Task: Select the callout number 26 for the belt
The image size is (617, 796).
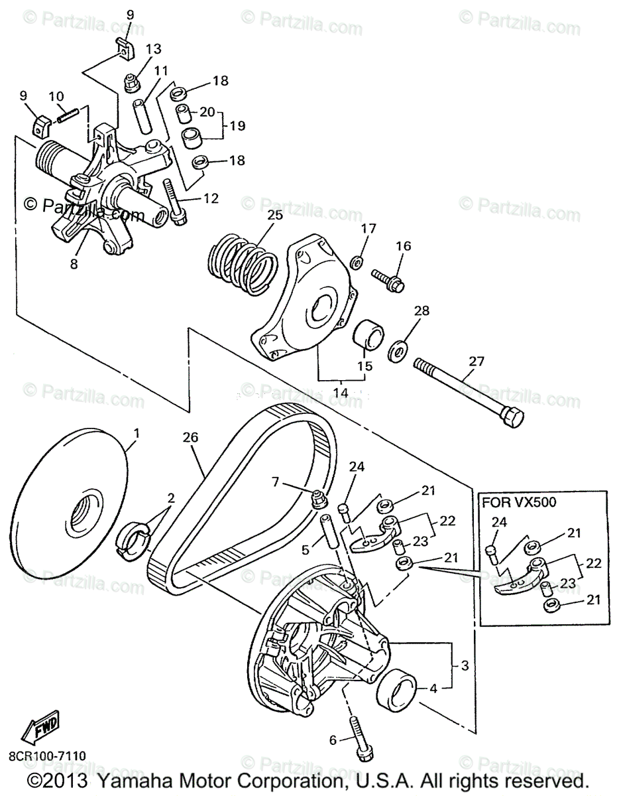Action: pos(190,438)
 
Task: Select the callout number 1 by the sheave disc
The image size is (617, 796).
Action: pos(137,434)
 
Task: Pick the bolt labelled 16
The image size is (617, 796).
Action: pos(390,279)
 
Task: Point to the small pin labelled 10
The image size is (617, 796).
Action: pos(69,115)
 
